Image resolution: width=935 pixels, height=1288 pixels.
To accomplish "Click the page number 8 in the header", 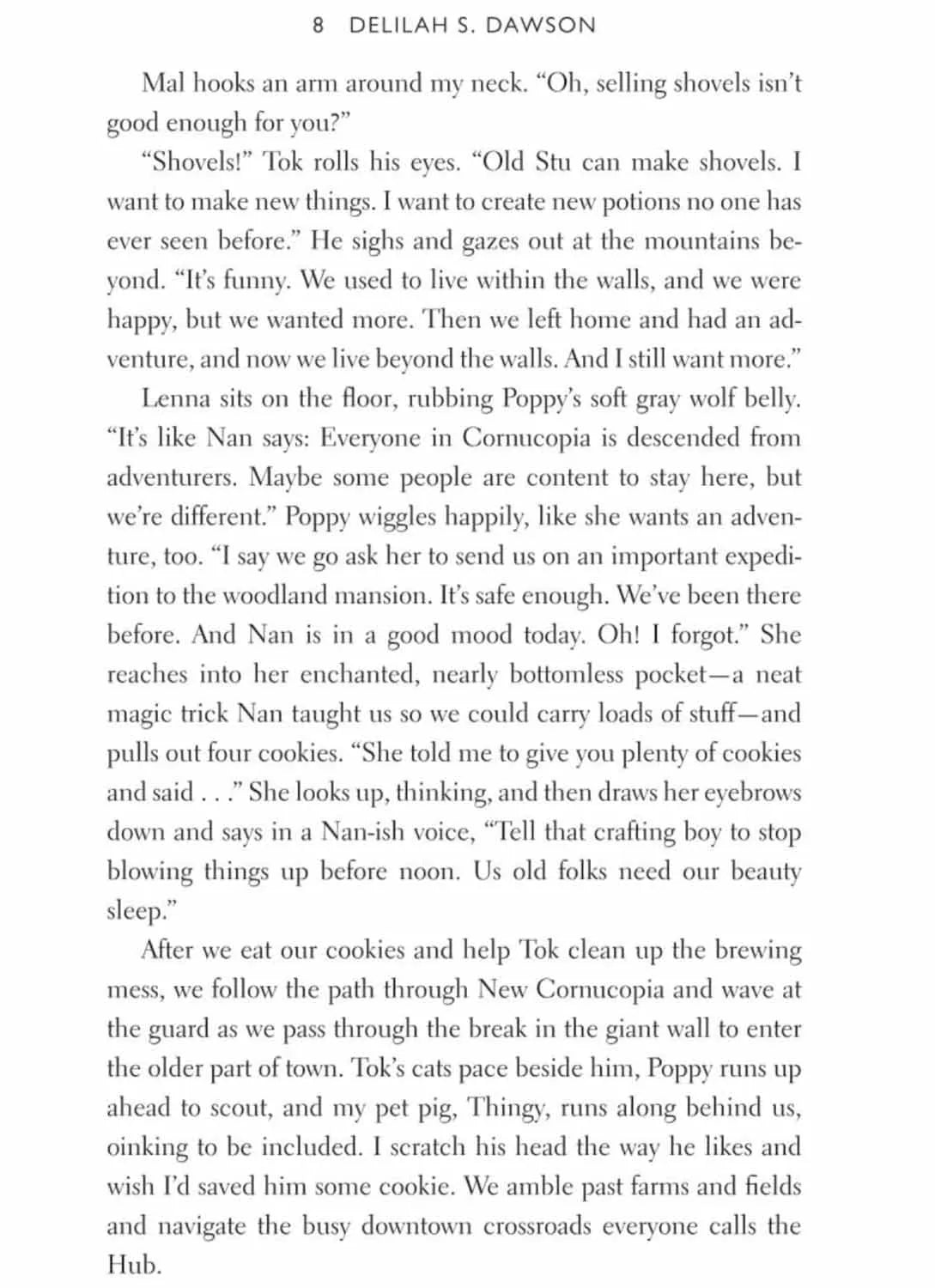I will point(319,26).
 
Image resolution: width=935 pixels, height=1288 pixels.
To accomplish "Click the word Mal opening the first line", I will point(162,83).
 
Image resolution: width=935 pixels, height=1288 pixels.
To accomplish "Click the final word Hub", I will point(133,1265).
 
